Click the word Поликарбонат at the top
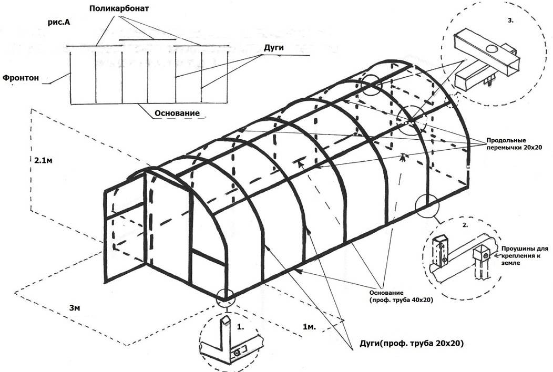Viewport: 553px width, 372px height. tap(120, 9)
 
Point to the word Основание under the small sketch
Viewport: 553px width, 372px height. tap(177, 113)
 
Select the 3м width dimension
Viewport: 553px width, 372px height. tap(75, 307)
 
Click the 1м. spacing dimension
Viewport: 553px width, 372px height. tap(309, 327)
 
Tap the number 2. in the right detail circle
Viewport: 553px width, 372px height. tap(464, 225)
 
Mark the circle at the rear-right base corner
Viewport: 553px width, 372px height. tap(427, 205)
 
